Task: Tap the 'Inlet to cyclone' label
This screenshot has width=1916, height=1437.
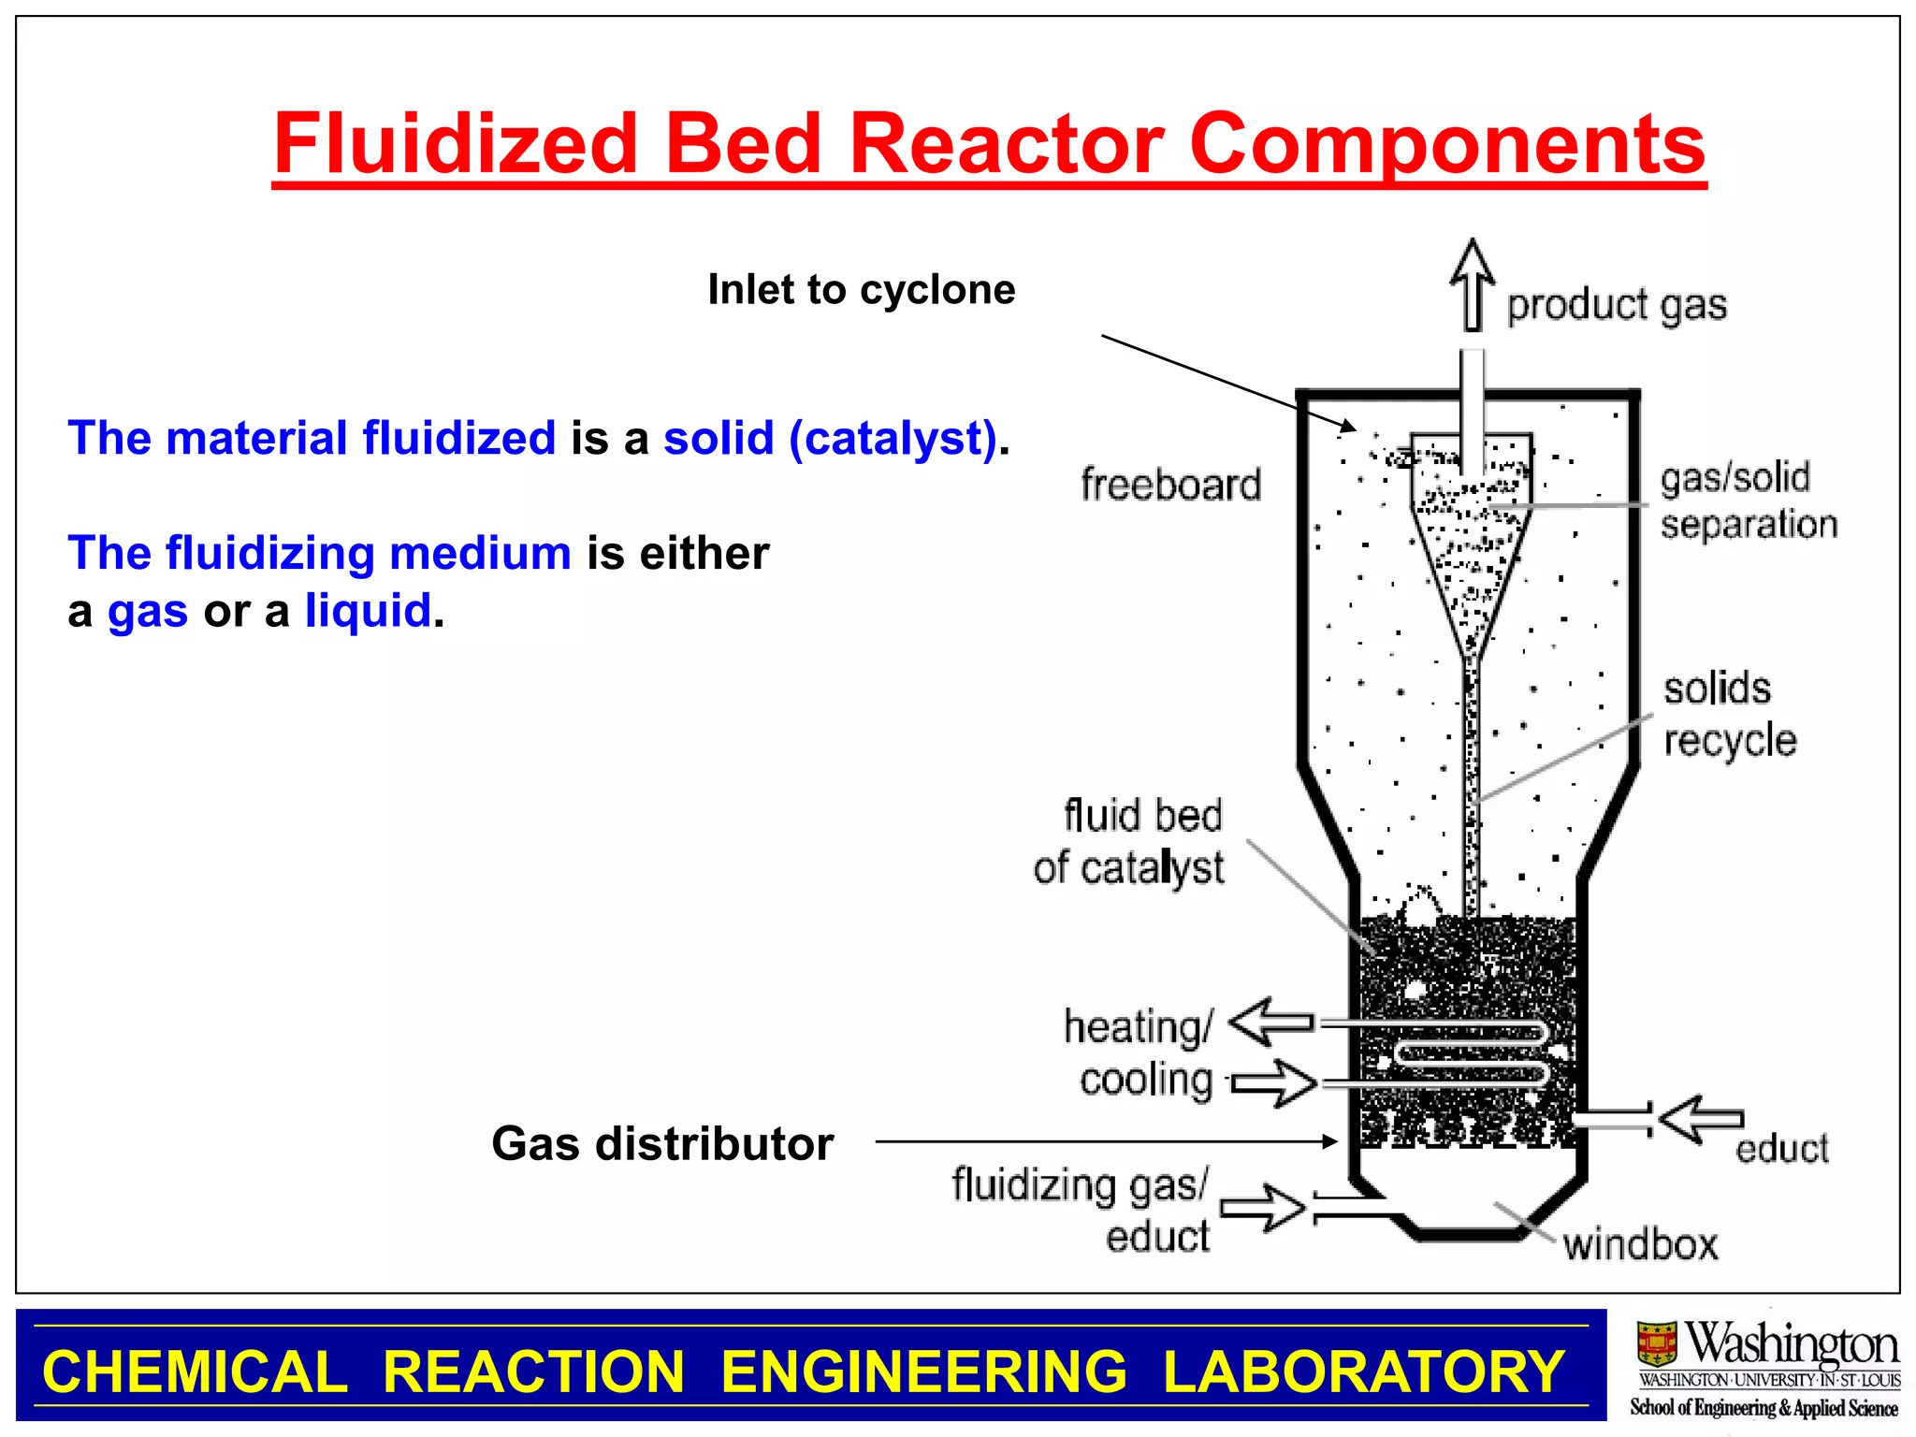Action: click(861, 289)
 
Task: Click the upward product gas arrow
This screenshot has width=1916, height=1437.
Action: click(1473, 284)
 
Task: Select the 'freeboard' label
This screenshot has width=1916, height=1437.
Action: click(1170, 486)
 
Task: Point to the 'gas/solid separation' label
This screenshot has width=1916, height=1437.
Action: click(1748, 501)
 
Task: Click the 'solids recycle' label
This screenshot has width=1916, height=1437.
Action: click(1729, 715)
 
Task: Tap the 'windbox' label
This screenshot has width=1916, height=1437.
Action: click(1640, 1245)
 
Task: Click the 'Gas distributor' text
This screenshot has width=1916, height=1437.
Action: click(662, 1143)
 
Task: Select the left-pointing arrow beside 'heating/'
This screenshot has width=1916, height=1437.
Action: click(1270, 1021)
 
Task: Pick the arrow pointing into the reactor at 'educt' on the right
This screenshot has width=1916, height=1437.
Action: click(1700, 1119)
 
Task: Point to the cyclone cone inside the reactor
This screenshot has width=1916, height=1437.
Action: click(1471, 561)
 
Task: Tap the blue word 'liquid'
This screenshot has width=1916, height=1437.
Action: click(368, 611)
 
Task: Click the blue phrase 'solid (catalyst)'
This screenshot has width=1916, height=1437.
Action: click(830, 438)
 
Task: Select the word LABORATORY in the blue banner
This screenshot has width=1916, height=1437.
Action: click(1363, 1372)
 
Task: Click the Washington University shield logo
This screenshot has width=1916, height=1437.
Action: click(1656, 1343)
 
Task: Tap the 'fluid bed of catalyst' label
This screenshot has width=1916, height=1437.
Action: click(1129, 841)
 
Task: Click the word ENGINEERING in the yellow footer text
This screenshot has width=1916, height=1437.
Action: click(923, 1372)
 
